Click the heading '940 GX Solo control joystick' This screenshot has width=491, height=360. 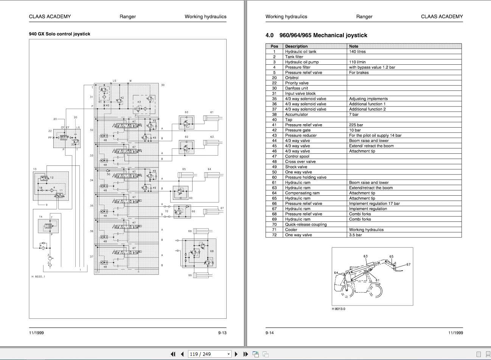(59, 34)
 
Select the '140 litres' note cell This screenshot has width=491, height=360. (357, 51)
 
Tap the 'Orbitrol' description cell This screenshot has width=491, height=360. (292, 78)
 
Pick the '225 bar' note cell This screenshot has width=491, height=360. (356, 125)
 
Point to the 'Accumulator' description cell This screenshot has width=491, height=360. (296, 114)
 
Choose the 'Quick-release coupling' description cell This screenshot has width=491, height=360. (306, 224)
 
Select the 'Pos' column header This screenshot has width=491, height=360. (274, 46)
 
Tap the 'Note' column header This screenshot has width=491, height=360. (354, 46)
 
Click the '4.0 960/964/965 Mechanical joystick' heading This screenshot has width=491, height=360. (316, 35)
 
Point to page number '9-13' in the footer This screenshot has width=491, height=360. (222, 333)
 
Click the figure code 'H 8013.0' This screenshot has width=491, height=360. (339, 309)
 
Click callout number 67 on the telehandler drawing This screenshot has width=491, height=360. (408, 265)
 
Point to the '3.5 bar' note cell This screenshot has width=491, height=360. (355, 235)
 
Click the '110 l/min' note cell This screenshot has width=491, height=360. (357, 62)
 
